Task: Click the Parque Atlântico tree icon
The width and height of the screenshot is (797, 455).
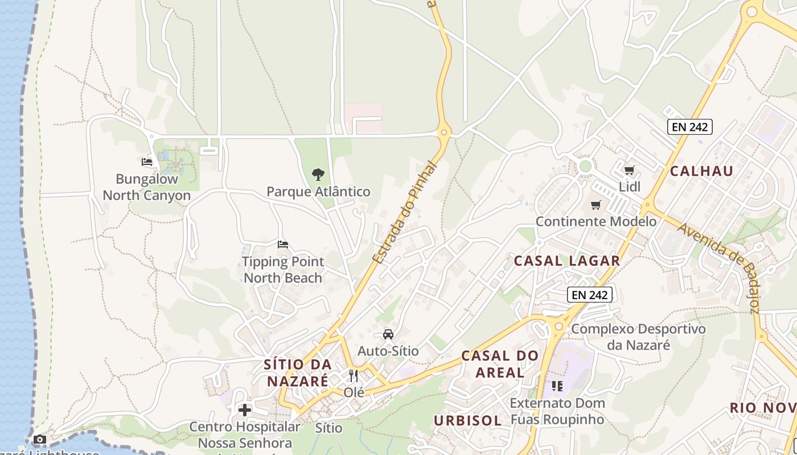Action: coord(318,175)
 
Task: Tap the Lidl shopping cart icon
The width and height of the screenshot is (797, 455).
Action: coord(630,171)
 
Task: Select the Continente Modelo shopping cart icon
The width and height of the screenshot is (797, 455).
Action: coord(596,205)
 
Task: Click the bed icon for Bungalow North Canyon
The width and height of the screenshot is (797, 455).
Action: coord(147,162)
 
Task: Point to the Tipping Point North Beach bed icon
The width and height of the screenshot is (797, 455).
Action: coord(283,245)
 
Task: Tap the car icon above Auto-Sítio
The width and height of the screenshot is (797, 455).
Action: coord(388,334)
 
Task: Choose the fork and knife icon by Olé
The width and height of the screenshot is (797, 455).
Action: coord(354,376)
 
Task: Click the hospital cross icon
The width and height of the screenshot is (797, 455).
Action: coord(245,410)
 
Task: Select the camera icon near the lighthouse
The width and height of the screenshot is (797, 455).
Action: coord(39,439)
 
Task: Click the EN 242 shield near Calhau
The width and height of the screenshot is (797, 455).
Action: coord(690,127)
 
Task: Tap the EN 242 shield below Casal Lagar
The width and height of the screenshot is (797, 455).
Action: coord(590,295)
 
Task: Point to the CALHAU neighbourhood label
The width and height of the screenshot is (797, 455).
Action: coord(701,171)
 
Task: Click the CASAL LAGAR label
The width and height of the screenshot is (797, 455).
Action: coord(566,261)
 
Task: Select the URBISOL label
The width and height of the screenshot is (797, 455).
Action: coord(468,421)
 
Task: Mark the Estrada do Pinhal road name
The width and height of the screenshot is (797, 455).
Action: coord(405,213)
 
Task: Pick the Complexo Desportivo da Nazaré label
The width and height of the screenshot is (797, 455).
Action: coord(638,337)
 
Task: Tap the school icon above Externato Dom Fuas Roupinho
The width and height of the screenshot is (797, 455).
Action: coord(557,386)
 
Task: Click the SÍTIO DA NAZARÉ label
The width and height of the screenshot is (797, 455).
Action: coord(297,373)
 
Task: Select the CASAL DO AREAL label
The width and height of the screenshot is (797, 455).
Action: coord(500,365)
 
